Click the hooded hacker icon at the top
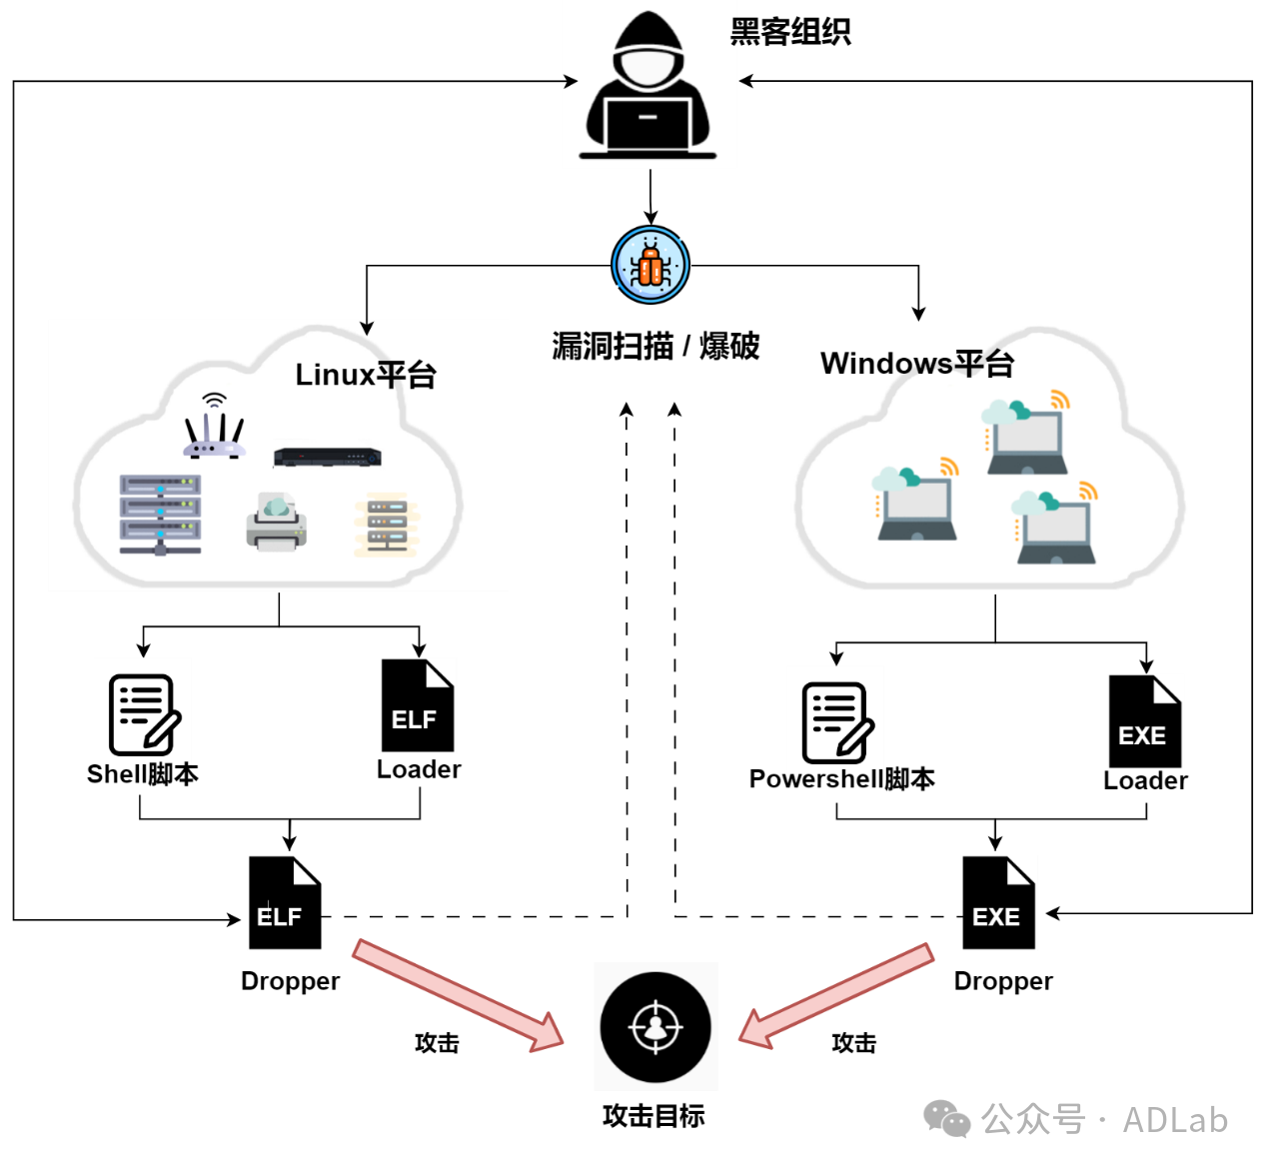(648, 88)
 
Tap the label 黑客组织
(789, 32)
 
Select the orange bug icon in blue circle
(650, 266)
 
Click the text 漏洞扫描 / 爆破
(655, 346)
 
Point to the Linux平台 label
(366, 375)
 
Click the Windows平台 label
(917, 363)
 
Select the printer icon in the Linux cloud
(276, 522)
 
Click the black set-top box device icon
(328, 458)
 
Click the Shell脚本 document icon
(144, 714)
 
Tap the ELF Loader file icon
(418, 705)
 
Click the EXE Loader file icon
(1144, 721)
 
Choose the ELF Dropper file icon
(284, 903)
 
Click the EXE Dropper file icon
(997, 903)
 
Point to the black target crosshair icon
(655, 1027)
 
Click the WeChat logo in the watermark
(946, 1118)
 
